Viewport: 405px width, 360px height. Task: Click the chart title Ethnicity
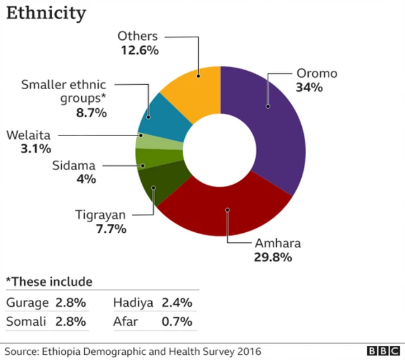[x=46, y=13]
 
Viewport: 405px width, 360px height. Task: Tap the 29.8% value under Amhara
[x=273, y=257]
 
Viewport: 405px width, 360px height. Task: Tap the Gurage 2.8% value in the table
[x=70, y=302]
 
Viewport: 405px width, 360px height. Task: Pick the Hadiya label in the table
[x=134, y=302]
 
